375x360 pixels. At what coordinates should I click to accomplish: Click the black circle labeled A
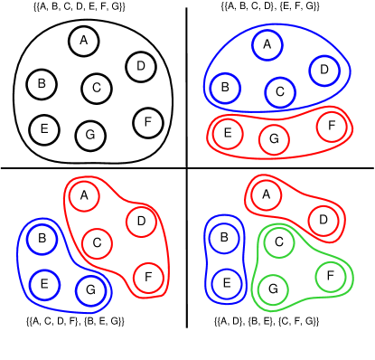84,41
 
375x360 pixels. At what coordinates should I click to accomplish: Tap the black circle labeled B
42,85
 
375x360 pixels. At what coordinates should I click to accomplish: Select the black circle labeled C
97,89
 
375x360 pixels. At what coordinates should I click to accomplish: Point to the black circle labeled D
140,66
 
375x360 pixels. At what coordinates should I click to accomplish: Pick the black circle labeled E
43,129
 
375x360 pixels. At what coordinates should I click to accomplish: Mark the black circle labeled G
90,135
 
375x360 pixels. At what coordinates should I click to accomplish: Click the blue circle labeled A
267,43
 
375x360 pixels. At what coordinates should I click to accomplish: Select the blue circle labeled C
280,91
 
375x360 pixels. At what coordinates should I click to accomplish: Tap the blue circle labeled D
324,70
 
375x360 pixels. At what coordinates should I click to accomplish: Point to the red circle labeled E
228,133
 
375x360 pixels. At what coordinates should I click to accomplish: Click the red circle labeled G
274,139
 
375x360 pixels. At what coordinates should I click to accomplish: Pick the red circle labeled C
97,242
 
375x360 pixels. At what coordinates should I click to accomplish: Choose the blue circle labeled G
91,290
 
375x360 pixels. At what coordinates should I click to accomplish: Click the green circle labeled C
279,242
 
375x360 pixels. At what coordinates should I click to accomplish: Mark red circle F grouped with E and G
332,126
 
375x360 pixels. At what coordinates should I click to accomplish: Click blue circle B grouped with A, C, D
225,89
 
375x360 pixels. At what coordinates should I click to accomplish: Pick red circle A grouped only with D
266,194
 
